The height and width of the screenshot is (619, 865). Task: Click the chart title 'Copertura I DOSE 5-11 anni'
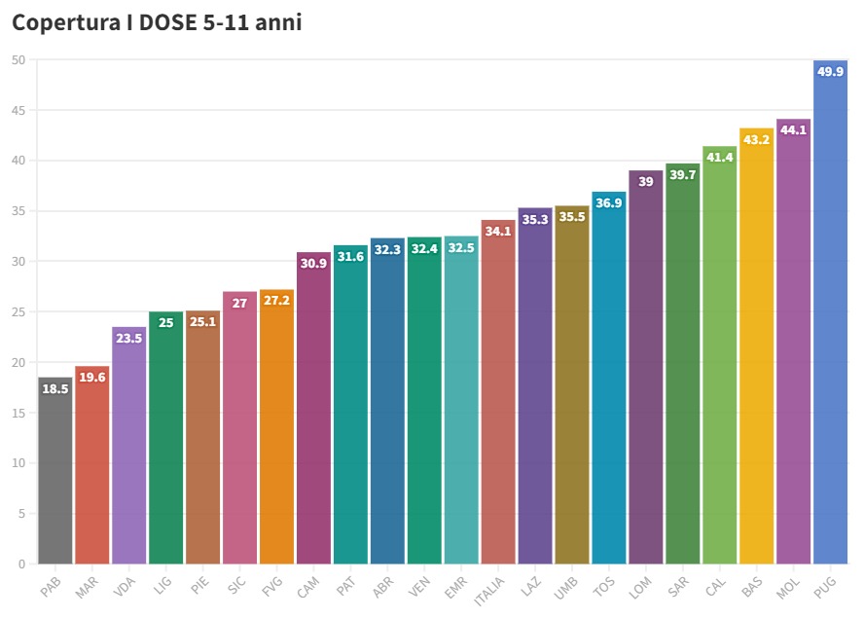pyautogui.click(x=157, y=23)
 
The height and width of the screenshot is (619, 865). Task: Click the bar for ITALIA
pyautogui.click(x=498, y=399)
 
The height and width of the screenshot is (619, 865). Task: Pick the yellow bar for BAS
pyautogui.click(x=756, y=350)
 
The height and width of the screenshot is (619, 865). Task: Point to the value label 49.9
pyautogui.click(x=830, y=71)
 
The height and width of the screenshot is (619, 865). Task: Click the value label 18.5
pyautogui.click(x=55, y=388)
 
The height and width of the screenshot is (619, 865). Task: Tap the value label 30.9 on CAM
pyautogui.click(x=313, y=264)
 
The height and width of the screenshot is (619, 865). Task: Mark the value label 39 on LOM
pyautogui.click(x=645, y=182)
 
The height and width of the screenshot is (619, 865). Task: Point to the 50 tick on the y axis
pyautogui.click(x=18, y=60)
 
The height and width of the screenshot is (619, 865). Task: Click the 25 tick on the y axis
pyautogui.click(x=18, y=312)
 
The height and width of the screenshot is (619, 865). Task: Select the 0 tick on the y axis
pyautogui.click(x=21, y=564)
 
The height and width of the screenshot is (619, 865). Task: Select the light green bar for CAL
pyautogui.click(x=719, y=360)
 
